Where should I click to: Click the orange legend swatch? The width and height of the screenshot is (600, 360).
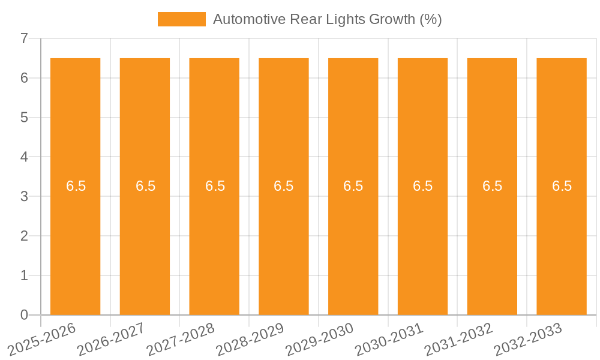pyautogui.click(x=181, y=19)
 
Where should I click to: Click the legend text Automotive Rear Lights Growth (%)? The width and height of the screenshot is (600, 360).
pyautogui.click(x=327, y=19)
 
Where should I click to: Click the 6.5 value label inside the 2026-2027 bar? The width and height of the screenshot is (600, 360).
pyautogui.click(x=145, y=186)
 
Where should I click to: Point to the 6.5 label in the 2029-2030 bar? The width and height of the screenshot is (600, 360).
pyautogui.click(x=353, y=186)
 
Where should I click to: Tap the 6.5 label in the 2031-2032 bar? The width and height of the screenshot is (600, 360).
pyautogui.click(x=492, y=186)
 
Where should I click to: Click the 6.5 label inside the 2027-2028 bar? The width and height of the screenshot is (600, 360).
pyautogui.click(x=215, y=186)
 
